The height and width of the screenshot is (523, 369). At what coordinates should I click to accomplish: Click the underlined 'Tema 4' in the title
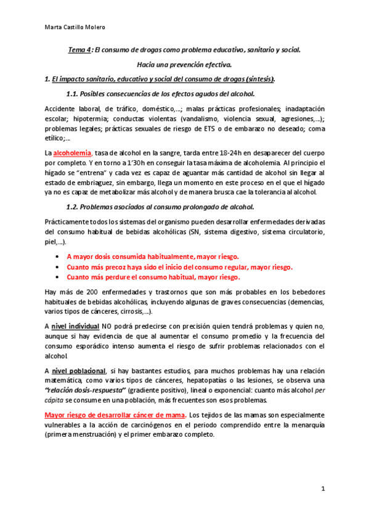pyautogui.click(x=79, y=50)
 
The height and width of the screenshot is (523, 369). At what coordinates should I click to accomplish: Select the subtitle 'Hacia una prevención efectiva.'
pyautogui.click(x=184, y=65)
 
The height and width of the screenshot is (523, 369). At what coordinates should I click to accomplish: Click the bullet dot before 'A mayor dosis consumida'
pyautogui.click(x=57, y=256)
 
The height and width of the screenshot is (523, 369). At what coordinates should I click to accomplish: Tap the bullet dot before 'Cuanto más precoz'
pyautogui.click(x=57, y=267)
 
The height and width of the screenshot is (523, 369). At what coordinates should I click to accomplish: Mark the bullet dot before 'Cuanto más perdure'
pyautogui.click(x=57, y=278)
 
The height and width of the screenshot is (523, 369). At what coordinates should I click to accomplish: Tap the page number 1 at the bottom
pyautogui.click(x=322, y=489)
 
